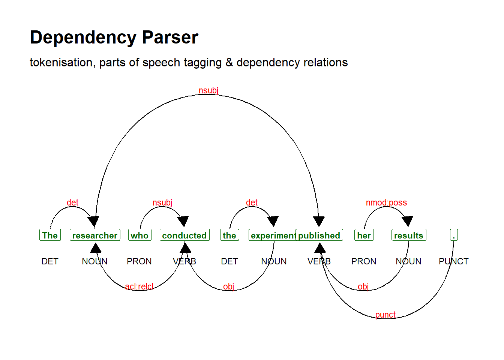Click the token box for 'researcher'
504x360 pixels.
95,235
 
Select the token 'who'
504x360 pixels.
139,235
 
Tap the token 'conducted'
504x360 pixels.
184,235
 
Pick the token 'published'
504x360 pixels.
319,235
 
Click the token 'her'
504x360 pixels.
364,235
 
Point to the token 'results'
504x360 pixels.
409,235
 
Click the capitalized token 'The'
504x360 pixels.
50,235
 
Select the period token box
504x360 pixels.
454,235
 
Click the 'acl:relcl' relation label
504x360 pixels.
139,286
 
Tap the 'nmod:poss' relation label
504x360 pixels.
386,202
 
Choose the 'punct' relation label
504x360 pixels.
385,315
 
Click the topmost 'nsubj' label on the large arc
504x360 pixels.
208,90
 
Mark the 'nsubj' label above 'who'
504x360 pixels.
162,202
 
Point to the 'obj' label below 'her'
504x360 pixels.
363,286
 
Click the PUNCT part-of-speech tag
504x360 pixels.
454,261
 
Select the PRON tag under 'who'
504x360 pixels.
139,261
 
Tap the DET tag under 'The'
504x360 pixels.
50,261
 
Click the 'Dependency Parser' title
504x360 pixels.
114,37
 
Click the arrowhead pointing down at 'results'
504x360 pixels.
407,221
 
